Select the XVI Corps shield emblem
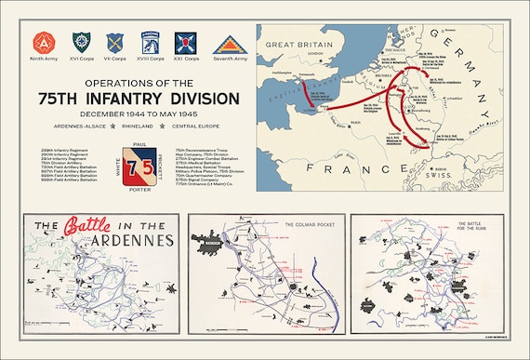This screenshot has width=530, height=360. point(81,42)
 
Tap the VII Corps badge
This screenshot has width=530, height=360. point(115,42)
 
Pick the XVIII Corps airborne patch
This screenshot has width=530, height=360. point(152,42)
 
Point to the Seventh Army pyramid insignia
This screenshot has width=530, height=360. point(227,44)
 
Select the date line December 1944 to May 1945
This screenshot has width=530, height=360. point(138,115)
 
